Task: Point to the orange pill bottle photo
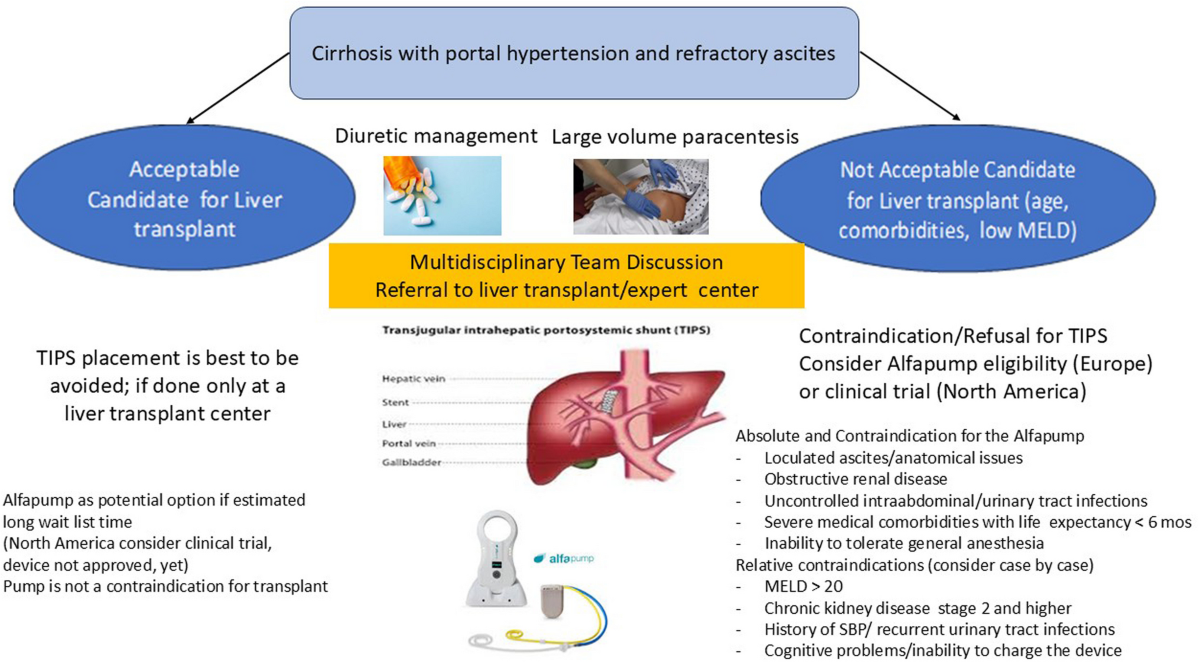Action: click(442, 194)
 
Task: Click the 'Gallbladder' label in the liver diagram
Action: click(411, 463)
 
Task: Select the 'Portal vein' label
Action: click(410, 442)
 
